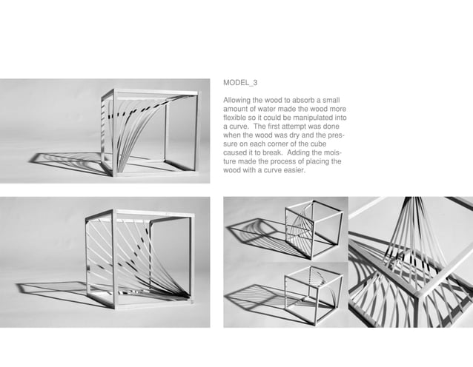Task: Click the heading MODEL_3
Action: [x=240, y=83]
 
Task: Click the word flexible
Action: [x=236, y=118]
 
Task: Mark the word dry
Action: [x=296, y=135]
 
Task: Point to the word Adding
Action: [x=303, y=153]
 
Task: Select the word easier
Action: [x=293, y=170]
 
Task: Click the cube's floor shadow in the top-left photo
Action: [x=70, y=159]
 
